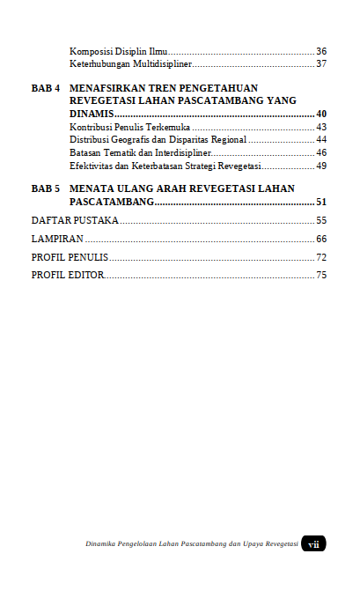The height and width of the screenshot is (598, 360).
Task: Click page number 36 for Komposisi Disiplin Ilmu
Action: click(x=321, y=52)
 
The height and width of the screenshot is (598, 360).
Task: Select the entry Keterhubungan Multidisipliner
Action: click(x=130, y=64)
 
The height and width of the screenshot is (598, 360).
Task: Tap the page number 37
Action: click(x=321, y=64)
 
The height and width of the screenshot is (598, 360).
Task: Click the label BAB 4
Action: click(x=46, y=89)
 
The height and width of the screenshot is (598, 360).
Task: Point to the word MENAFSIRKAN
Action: click(x=109, y=89)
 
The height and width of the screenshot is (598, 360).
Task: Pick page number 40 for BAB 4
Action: click(x=321, y=114)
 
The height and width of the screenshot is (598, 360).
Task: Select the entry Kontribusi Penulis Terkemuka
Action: click(x=129, y=128)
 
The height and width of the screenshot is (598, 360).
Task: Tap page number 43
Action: click(x=321, y=128)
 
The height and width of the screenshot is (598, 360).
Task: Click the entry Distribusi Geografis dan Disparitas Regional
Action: click(x=158, y=140)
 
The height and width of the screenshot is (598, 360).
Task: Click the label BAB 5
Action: click(x=46, y=189)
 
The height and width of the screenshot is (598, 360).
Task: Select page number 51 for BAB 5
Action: click(x=321, y=203)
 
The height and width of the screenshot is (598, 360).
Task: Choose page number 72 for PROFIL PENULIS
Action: click(x=321, y=257)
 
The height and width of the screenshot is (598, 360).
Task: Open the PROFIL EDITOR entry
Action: click(x=68, y=276)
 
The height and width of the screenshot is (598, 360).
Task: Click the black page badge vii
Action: click(x=313, y=544)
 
